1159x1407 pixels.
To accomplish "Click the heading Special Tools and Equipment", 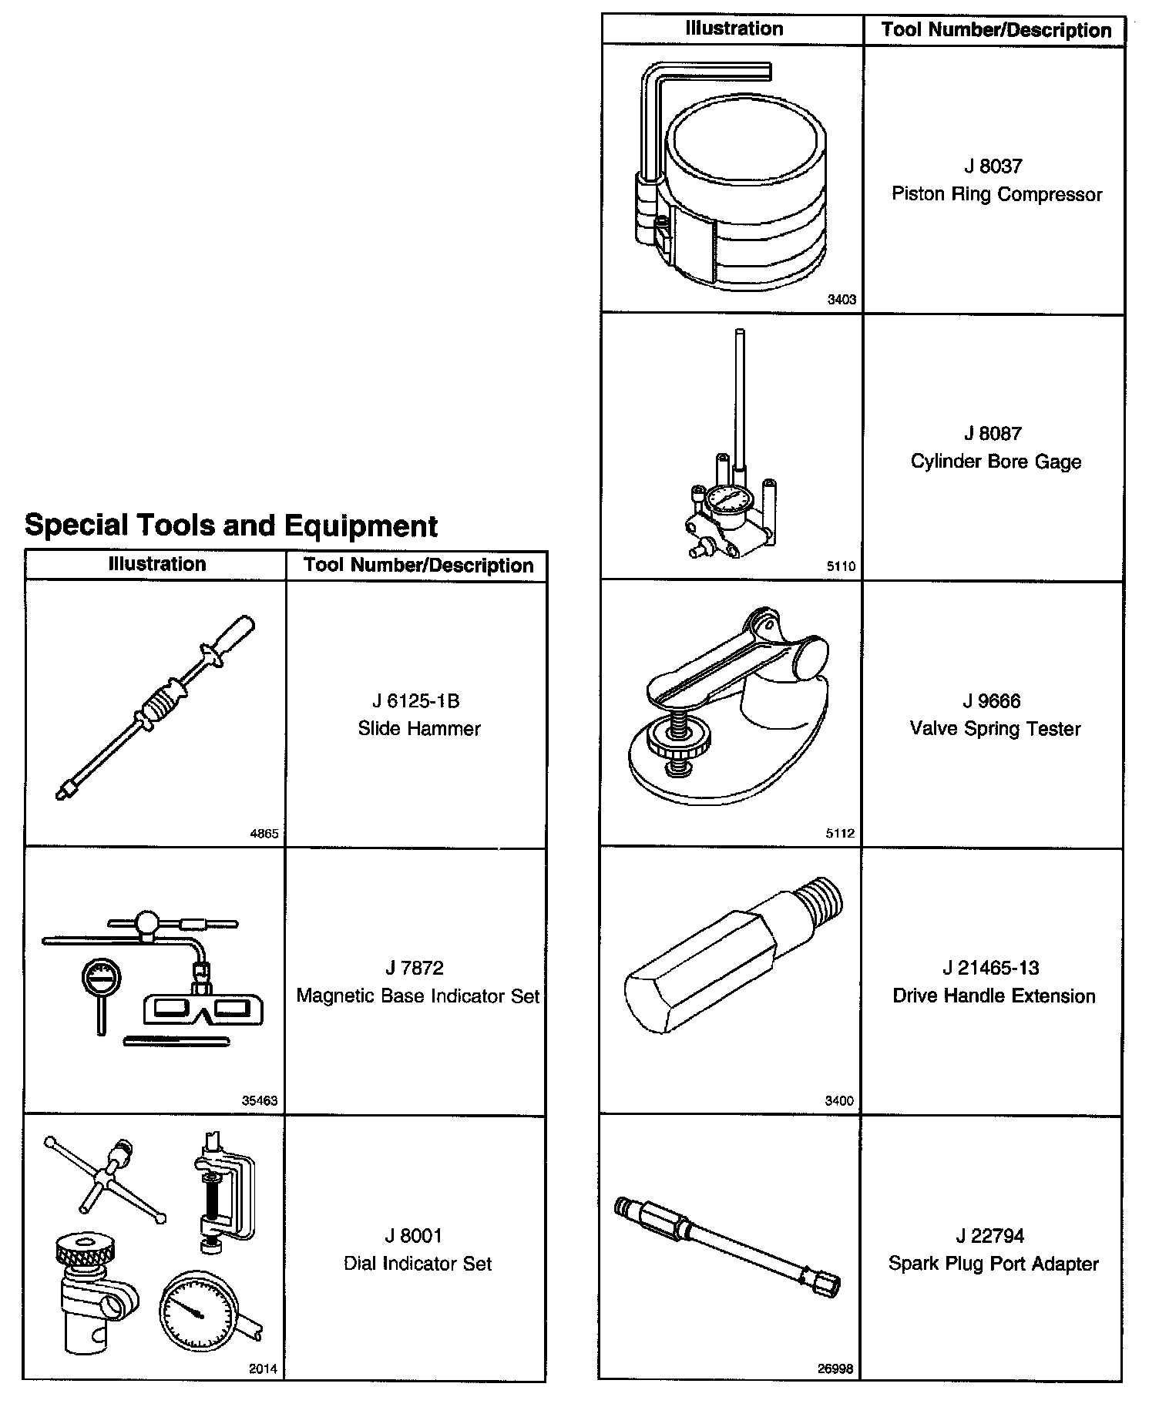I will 231,526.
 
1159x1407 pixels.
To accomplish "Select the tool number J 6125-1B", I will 416,700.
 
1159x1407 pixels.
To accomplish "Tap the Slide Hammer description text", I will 419,728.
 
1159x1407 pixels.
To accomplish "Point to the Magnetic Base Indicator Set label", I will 418,996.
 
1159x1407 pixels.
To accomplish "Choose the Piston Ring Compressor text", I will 996,193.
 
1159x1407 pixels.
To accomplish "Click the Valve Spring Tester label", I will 995,728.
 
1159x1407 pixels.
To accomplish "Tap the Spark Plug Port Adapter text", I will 993,1263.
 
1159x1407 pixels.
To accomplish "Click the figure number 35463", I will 260,1100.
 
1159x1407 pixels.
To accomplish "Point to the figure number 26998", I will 835,1368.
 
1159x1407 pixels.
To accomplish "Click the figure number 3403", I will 842,300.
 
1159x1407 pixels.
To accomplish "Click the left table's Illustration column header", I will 157,564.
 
